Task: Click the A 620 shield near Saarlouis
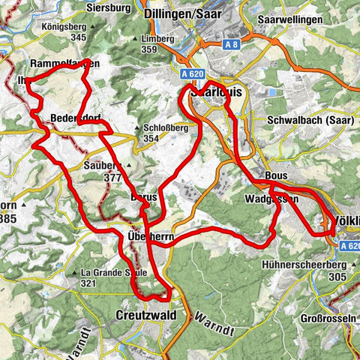194,73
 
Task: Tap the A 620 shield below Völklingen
349,245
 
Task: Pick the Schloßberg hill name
166,127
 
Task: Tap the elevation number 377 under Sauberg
114,178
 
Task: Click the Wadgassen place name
271,199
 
